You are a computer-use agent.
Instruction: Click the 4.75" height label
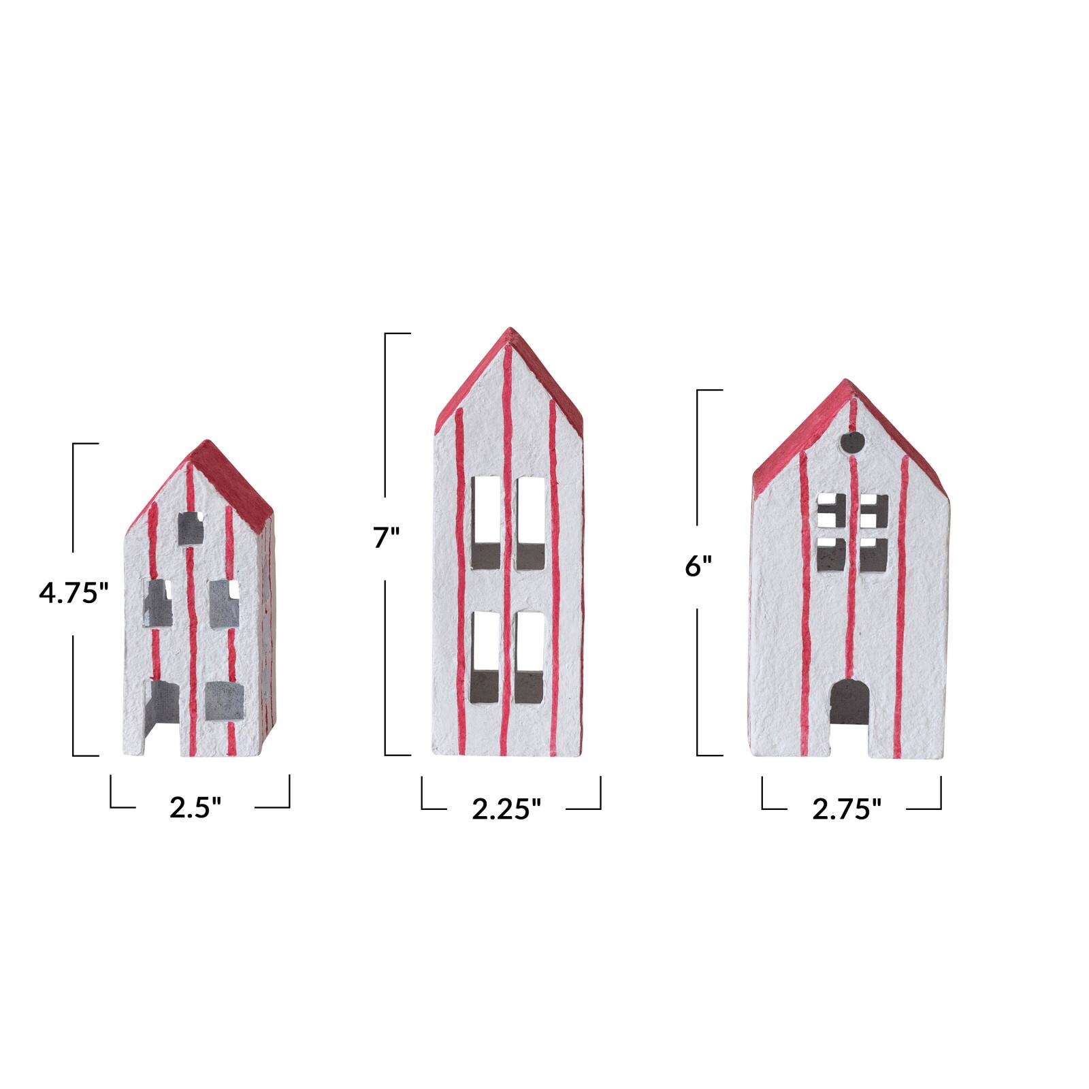(74, 593)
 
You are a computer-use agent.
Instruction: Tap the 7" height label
(385, 538)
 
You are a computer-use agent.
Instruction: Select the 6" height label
(698, 566)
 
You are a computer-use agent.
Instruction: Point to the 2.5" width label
(196, 808)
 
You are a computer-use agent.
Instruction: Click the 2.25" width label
(507, 809)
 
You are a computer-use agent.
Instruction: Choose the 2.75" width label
(847, 809)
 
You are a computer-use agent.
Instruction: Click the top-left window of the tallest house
(486, 522)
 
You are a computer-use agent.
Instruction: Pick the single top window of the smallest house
(191, 528)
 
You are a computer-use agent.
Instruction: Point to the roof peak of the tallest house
(509, 333)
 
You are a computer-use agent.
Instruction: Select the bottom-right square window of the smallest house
(225, 700)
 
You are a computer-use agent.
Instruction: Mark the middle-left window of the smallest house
(158, 603)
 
